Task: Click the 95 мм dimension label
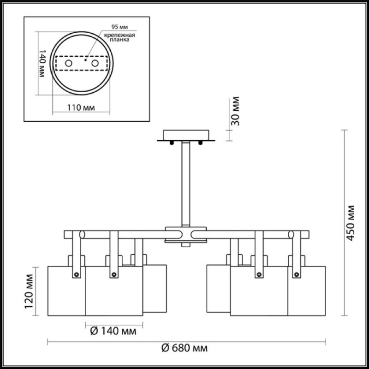(x=119, y=27)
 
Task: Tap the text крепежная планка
(x=119, y=37)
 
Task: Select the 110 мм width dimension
(x=81, y=107)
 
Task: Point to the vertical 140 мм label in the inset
(x=42, y=63)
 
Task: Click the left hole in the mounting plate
(x=68, y=63)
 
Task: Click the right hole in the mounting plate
(x=95, y=63)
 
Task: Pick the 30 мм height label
(x=235, y=111)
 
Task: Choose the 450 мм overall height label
(x=351, y=223)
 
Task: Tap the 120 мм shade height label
(x=30, y=292)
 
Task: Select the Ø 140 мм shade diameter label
(x=113, y=331)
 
